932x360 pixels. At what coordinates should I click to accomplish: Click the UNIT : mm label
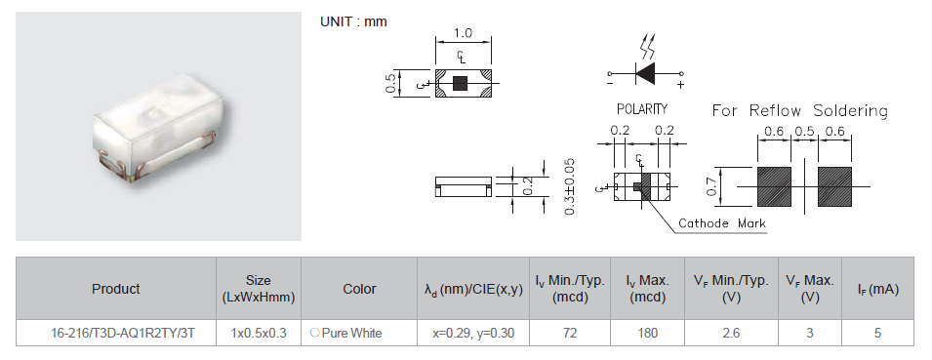pyautogui.click(x=353, y=22)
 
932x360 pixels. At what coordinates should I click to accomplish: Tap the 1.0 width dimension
pyautogui.click(x=463, y=33)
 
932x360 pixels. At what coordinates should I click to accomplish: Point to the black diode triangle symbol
pyautogui.click(x=645, y=74)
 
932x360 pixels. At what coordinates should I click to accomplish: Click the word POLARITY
pyautogui.click(x=642, y=109)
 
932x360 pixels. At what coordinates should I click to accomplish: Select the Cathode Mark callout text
pyautogui.click(x=722, y=223)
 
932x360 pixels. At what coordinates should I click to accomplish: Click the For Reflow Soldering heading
pyautogui.click(x=799, y=110)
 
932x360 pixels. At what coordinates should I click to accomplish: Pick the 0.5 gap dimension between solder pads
pyautogui.click(x=804, y=132)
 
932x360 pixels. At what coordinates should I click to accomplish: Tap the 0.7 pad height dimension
pyautogui.click(x=711, y=186)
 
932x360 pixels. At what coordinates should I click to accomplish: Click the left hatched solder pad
pyautogui.click(x=774, y=186)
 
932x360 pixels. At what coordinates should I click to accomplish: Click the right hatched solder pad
pyautogui.click(x=834, y=186)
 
